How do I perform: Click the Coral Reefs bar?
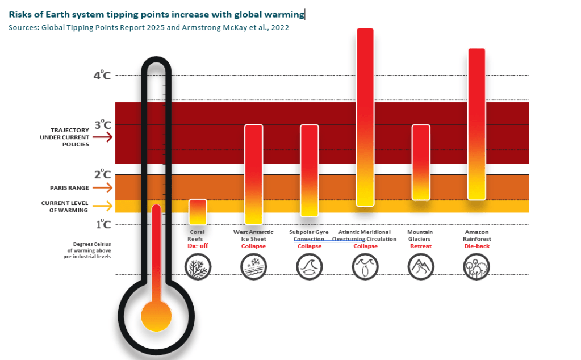(x=197, y=212)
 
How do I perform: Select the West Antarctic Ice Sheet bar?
(x=253, y=174)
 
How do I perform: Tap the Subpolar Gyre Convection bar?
(x=309, y=170)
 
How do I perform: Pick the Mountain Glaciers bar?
(x=420, y=162)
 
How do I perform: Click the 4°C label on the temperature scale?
(x=102, y=76)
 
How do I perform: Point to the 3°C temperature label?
(x=102, y=125)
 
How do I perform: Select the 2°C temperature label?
(x=102, y=174)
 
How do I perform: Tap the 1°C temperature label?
(x=102, y=224)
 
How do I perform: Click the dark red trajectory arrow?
(x=103, y=137)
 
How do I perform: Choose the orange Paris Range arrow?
(x=103, y=188)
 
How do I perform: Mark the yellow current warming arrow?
(x=103, y=206)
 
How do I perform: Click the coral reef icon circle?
(x=197, y=266)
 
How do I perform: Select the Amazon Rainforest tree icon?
(x=476, y=266)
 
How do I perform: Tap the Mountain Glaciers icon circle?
(x=420, y=266)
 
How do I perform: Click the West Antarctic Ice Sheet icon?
(x=253, y=266)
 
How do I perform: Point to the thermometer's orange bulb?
(x=156, y=316)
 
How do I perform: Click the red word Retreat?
(x=420, y=246)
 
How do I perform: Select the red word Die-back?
(x=476, y=246)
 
